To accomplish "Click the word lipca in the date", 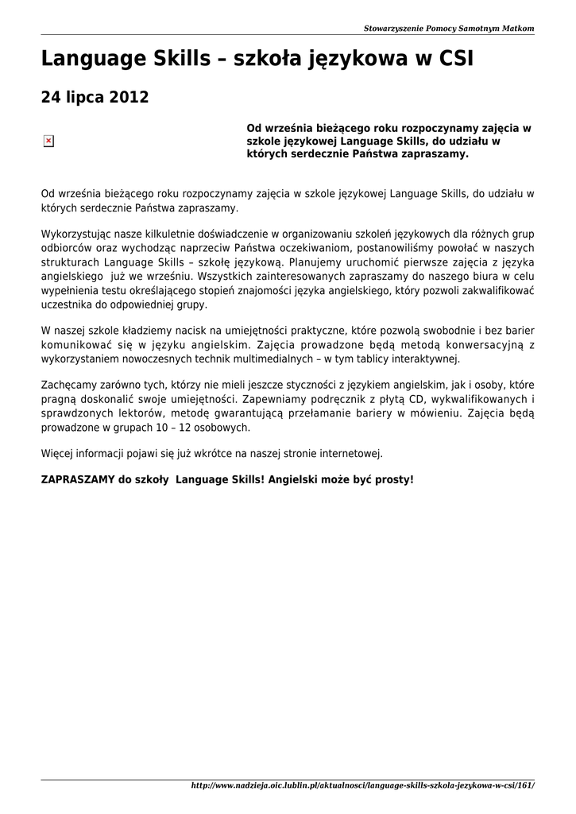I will click(x=84, y=99).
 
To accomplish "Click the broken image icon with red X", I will click(x=48, y=141).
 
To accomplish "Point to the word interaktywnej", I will click(x=429, y=359).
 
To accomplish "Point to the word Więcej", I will click(x=55, y=454).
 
